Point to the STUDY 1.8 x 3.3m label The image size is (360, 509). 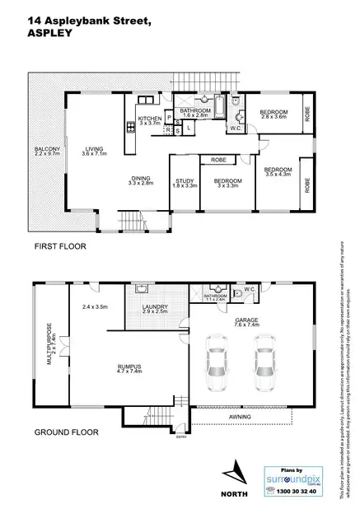(x=185, y=184)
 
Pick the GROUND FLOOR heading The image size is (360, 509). (x=66, y=432)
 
